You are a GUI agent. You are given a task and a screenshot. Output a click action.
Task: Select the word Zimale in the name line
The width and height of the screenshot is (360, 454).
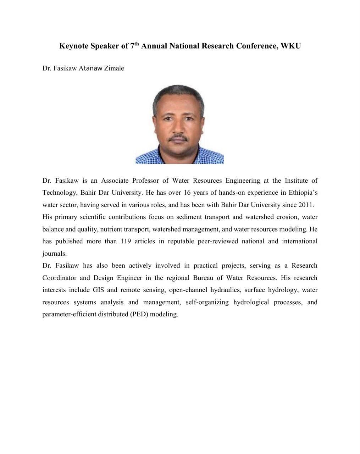coord(114,68)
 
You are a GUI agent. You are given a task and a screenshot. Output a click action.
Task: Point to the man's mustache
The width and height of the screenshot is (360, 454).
coord(179,137)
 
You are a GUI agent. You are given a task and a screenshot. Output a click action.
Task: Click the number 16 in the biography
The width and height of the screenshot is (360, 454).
coord(187,193)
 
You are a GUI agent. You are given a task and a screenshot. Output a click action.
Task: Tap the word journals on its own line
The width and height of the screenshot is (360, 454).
coord(54,254)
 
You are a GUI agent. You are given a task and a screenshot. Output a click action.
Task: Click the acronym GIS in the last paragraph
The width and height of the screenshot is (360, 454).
coord(98,290)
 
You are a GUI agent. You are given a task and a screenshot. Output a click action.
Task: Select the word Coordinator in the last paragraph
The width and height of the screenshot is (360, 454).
coord(59,278)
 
